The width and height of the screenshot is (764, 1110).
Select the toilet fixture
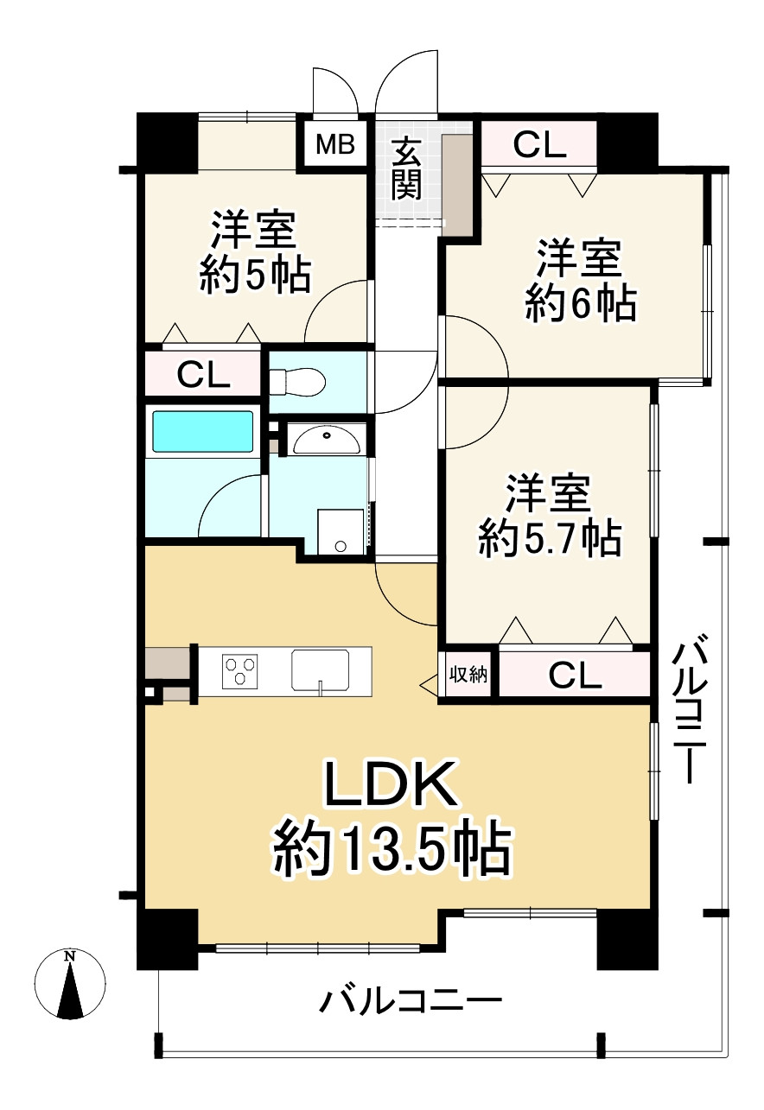(296, 380)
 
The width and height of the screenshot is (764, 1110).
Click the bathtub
(203, 431)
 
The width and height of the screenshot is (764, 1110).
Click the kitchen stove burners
(241, 670)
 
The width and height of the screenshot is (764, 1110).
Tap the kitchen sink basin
(320, 670)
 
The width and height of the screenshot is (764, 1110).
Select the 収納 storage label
(468, 675)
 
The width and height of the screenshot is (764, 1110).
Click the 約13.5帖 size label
(391, 848)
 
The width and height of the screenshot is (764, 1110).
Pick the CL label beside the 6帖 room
(539, 145)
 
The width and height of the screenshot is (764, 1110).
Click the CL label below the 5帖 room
(203, 375)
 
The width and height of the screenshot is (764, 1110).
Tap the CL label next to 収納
(575, 675)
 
